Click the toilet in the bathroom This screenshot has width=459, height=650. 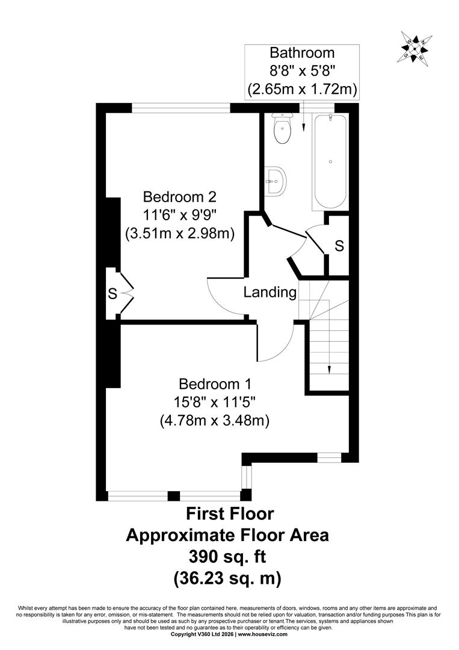[283, 128]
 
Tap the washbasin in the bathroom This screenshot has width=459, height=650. [275, 181]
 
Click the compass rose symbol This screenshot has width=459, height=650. [415, 48]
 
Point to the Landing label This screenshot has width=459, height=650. [270, 292]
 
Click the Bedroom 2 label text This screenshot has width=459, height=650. [180, 196]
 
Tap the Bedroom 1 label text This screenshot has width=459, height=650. [215, 384]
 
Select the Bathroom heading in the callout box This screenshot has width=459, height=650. [302, 52]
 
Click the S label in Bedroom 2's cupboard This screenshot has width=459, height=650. [112, 294]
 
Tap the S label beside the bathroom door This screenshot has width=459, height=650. [339, 246]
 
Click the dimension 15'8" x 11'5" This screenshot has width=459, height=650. [215, 402]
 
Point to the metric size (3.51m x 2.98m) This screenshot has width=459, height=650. [180, 234]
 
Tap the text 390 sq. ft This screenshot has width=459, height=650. [227, 556]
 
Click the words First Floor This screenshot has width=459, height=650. [230, 513]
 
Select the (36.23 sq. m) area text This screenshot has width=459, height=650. [227, 578]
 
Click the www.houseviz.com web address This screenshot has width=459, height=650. [262, 646]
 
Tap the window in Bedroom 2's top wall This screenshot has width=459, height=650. [181, 108]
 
